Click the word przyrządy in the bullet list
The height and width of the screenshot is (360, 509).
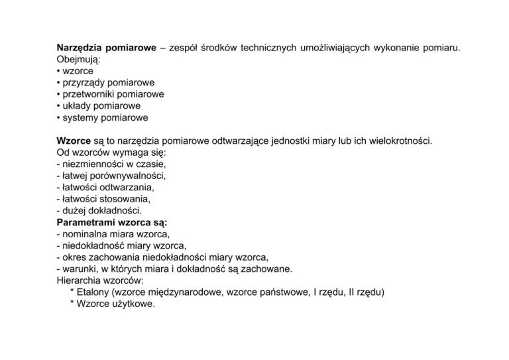(x=85, y=82)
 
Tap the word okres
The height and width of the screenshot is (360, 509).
(x=74, y=257)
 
